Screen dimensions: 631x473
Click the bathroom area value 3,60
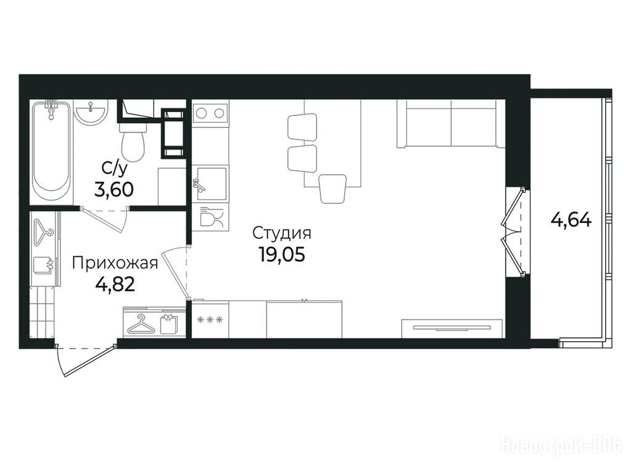tap(114, 190)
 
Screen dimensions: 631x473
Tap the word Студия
tap(282, 233)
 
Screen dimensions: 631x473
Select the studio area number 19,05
tap(282, 254)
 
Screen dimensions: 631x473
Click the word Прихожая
tap(115, 264)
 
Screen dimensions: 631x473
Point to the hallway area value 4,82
tap(115, 285)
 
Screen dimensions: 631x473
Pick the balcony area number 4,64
tap(571, 220)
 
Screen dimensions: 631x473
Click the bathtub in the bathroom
tap(52, 151)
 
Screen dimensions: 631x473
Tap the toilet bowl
tap(132, 142)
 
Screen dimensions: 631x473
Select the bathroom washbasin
tap(91, 112)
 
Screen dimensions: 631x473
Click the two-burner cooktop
tap(210, 113)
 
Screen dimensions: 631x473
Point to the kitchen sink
tap(210, 184)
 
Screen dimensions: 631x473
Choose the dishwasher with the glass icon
tap(210, 217)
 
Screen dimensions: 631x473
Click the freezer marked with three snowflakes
tap(210, 320)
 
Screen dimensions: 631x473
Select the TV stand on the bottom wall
tap(452, 329)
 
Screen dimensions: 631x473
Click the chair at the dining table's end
tap(333, 188)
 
